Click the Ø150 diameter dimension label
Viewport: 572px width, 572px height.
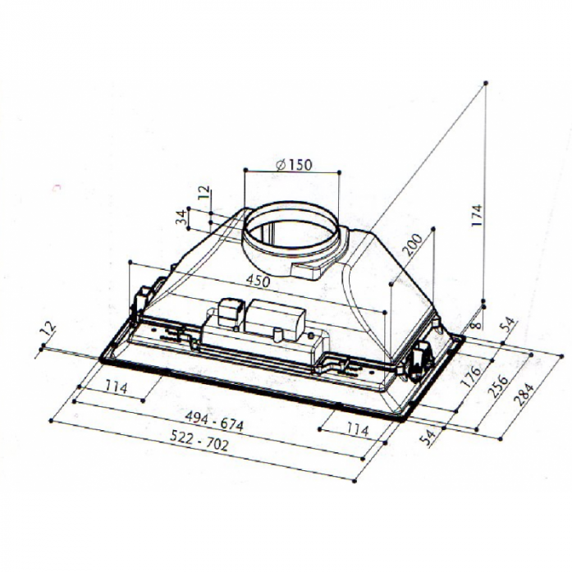click(294, 165)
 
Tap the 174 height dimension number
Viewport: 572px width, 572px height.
click(477, 215)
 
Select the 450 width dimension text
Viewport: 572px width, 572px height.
click(258, 281)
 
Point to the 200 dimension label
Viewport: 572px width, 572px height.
click(414, 245)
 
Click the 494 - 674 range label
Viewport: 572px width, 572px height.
click(214, 421)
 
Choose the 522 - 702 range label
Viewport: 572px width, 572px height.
click(199, 440)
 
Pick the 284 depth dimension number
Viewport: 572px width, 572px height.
click(524, 394)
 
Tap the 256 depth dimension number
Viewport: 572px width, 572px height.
click(497, 386)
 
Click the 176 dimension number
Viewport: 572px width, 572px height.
click(470, 377)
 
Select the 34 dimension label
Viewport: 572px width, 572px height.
click(181, 217)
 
